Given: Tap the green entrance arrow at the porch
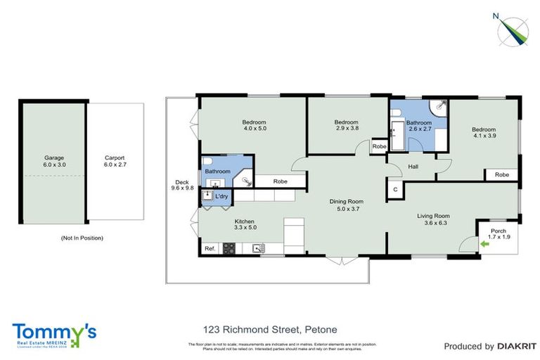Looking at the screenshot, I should (x=484, y=244).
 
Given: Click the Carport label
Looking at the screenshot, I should (x=115, y=162).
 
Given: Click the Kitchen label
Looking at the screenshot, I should (x=245, y=225).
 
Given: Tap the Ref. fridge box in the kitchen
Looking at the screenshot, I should (x=210, y=248).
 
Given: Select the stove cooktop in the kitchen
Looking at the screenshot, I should (x=229, y=247).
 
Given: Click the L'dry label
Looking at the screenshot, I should (x=221, y=196).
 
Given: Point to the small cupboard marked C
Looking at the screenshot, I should (x=395, y=190).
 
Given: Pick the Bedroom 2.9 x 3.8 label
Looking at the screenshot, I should (x=346, y=125).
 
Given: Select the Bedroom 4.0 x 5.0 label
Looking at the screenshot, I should (x=255, y=125).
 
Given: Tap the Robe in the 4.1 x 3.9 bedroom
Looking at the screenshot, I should (x=501, y=174).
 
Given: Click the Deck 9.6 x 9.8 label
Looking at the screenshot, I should (x=181, y=184).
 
